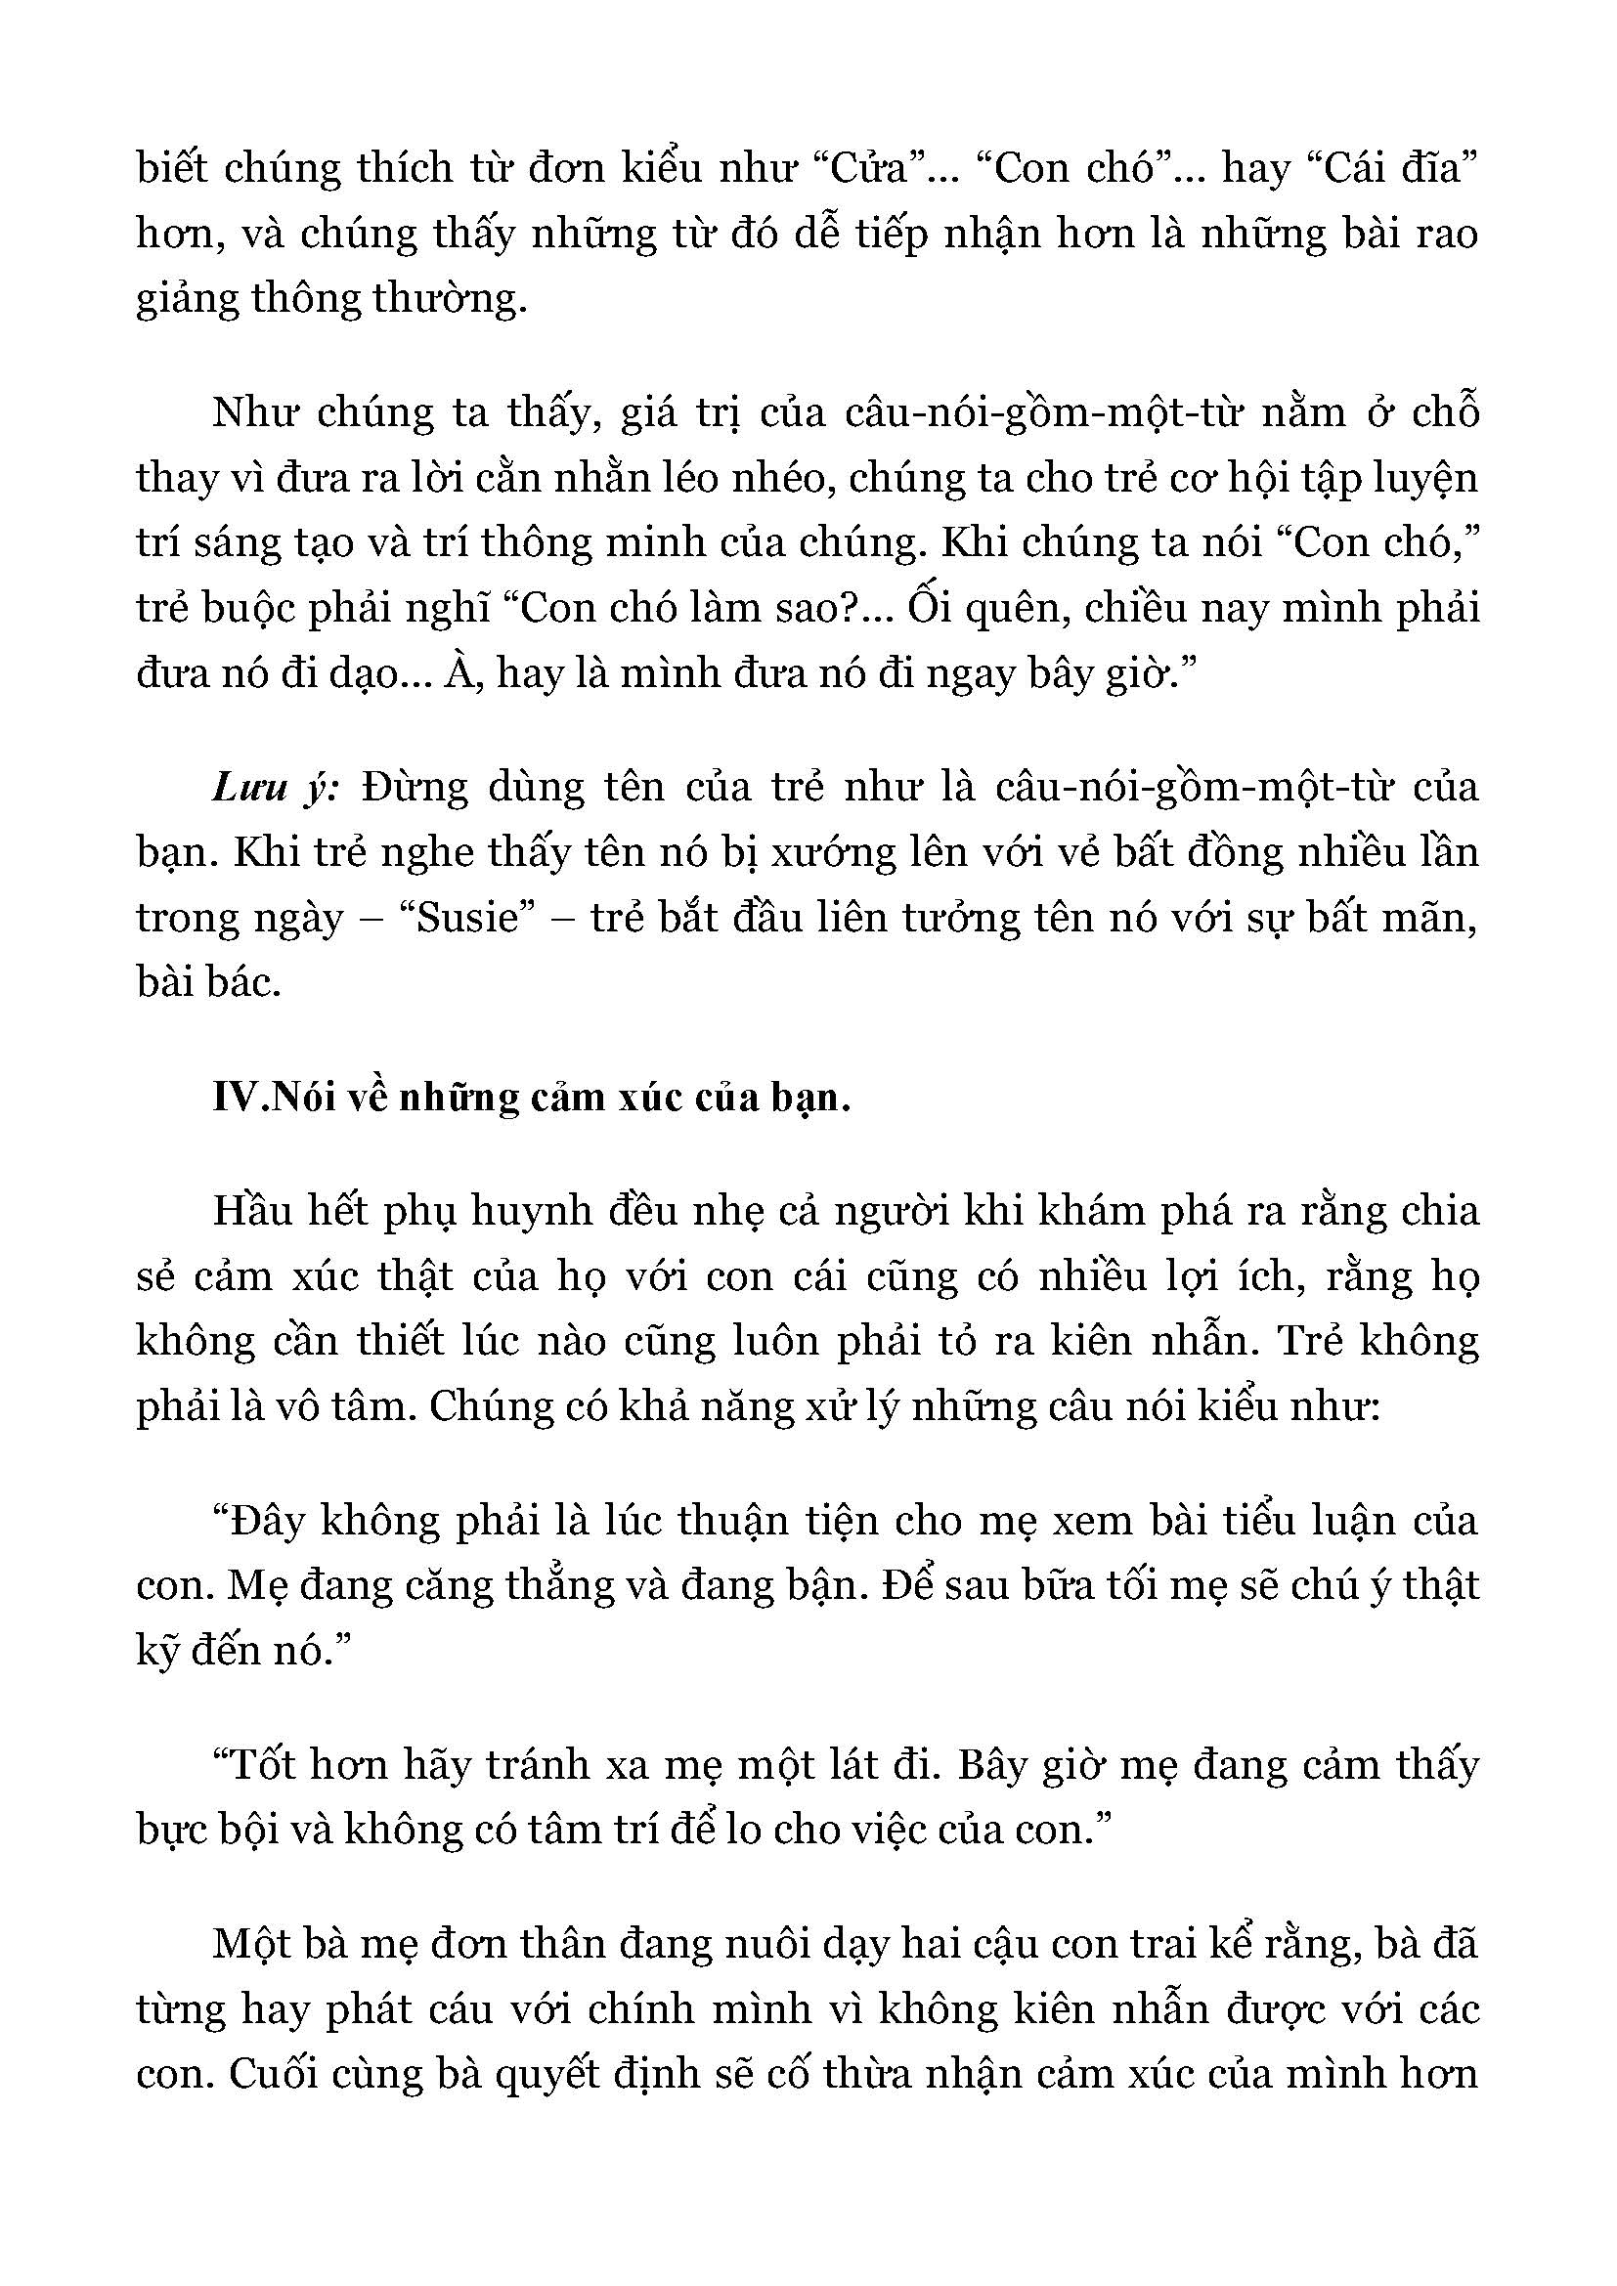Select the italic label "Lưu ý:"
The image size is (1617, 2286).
276,788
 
